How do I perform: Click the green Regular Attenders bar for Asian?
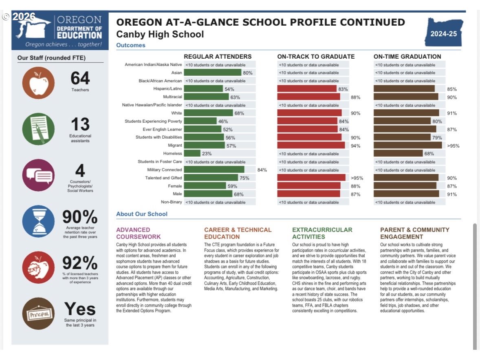pyautogui.click(x=212, y=73)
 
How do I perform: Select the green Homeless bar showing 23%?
pyautogui.click(x=192, y=153)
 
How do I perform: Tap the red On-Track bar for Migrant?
pyautogui.click(x=311, y=146)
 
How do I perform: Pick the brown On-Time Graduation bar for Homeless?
pyautogui.click(x=398, y=153)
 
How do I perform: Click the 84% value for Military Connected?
pyautogui.click(x=262, y=170)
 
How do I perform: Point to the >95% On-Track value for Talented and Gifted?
pyautogui.click(x=357, y=178)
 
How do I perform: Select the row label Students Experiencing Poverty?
pyautogui.click(x=153, y=121)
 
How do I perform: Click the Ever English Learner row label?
pyautogui.click(x=162, y=129)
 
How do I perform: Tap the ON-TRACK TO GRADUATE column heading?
pyautogui.click(x=316, y=56)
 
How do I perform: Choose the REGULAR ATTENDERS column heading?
pyautogui.click(x=218, y=56)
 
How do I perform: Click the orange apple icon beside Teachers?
pyautogui.click(x=38, y=83)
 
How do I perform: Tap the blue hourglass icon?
pyautogui.click(x=38, y=221)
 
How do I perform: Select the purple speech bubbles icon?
pyautogui.click(x=38, y=175)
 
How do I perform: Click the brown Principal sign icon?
pyautogui.click(x=38, y=314)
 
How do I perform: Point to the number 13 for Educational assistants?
pyautogui.click(x=80, y=124)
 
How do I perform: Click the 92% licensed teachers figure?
pyautogui.click(x=80, y=263)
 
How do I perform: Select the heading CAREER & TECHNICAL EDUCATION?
pyautogui.click(x=238, y=233)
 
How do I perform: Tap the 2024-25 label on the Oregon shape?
pyautogui.click(x=444, y=34)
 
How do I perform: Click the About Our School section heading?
pyautogui.click(x=142, y=214)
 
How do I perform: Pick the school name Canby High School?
pyautogui.click(x=160, y=34)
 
